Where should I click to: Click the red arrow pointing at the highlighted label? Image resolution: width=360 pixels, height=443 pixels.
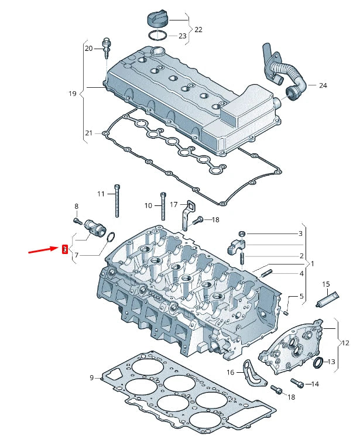coord(43,251)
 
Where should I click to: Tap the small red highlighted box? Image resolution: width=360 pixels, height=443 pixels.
coord(65,249)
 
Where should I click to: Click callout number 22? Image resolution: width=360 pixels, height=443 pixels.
coord(198,29)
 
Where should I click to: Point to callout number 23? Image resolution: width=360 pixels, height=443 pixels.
coord(182,36)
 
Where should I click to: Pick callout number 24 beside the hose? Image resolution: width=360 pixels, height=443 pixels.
coord(323,85)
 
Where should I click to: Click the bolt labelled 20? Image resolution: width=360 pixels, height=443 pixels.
coord(107,47)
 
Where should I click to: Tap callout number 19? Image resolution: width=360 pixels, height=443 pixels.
coord(73,94)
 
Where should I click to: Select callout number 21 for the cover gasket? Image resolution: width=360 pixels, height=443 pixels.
coord(88,133)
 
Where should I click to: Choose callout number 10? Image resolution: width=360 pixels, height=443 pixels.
coord(148,205)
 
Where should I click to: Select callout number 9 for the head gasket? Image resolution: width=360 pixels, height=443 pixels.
coord(92,377)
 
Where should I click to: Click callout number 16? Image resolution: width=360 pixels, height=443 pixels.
coord(231,372)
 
